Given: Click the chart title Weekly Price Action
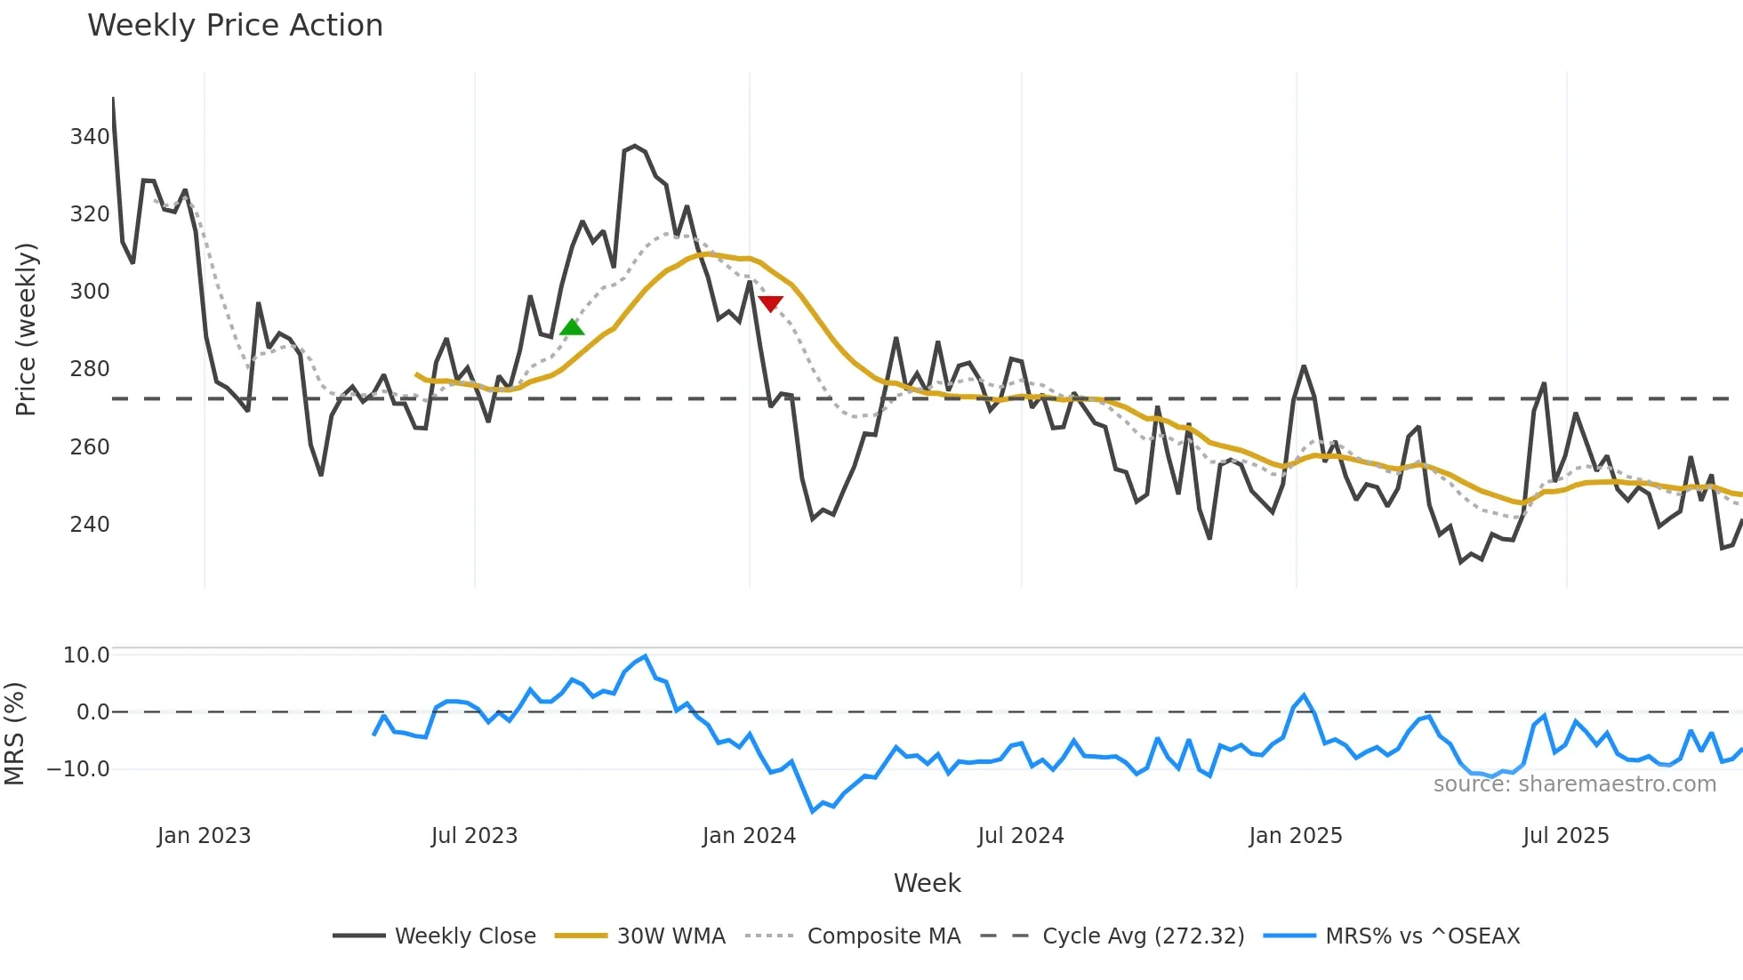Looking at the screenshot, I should [x=235, y=26].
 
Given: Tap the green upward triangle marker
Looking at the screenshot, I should [x=572, y=327].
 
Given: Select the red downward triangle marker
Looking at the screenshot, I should [x=771, y=303].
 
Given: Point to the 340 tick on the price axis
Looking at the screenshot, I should [x=90, y=137].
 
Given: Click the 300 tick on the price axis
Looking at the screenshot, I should [x=90, y=292].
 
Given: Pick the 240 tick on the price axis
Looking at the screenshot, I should [x=90, y=525].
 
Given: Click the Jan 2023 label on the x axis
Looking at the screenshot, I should [x=204, y=836].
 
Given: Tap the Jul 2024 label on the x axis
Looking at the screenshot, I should [x=1020, y=836].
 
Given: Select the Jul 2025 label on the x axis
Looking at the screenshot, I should [x=1565, y=836].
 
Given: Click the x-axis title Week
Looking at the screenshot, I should [x=927, y=883].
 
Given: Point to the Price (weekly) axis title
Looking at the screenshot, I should [x=27, y=329].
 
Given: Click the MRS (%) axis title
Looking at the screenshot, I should [x=14, y=734].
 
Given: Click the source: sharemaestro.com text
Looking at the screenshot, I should [x=1574, y=784].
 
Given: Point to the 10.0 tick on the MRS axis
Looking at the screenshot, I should [x=86, y=655].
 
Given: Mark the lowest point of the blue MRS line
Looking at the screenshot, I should [x=813, y=811].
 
